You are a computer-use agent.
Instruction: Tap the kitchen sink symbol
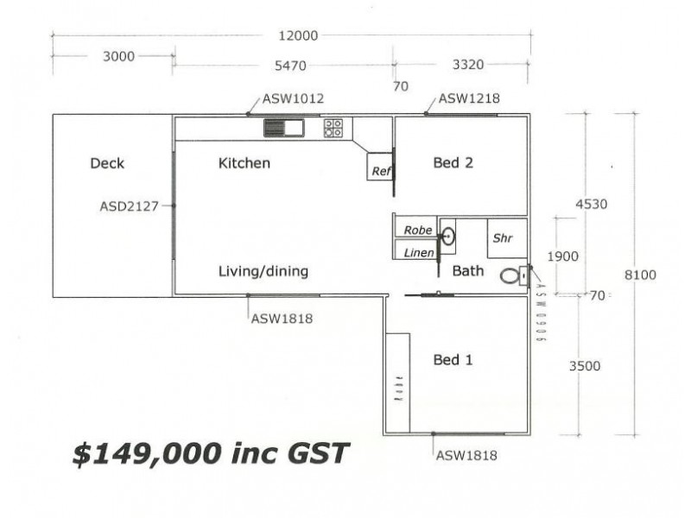[283, 129]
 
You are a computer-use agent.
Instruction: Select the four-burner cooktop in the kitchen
[333, 129]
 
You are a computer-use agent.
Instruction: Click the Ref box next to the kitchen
[381, 170]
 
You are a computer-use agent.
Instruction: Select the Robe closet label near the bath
[418, 231]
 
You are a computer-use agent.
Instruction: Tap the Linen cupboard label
[418, 251]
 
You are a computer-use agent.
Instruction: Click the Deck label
[107, 163]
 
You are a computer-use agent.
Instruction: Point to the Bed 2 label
[453, 162]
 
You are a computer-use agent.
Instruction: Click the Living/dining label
[263, 271]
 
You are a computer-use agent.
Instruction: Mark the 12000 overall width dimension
[297, 35]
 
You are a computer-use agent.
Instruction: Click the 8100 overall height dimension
[640, 275]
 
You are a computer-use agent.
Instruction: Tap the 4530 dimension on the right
[592, 205]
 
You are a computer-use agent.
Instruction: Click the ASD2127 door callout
[130, 206]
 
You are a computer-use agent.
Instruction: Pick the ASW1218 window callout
[469, 98]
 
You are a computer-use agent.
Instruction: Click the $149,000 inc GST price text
[210, 453]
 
